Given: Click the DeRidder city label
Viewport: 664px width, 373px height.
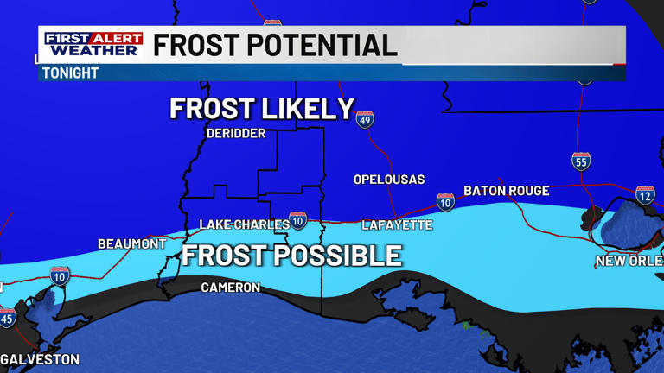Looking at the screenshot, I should coord(235,133).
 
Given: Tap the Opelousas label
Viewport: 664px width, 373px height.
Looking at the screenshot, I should coord(389,180).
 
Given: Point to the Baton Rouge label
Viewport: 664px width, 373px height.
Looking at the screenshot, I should coord(506,191).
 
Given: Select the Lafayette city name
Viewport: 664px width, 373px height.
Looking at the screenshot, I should coord(397,224).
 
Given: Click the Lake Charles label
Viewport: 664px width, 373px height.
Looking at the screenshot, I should coord(244,224).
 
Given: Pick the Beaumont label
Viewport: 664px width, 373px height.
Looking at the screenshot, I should coord(131,244).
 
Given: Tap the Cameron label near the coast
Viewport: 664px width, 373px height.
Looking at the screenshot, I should coord(230,287).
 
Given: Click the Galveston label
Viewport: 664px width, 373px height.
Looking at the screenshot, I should coord(40,359).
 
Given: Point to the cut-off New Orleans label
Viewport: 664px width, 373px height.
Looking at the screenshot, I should coord(629,261).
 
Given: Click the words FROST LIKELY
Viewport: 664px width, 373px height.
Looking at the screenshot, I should coord(262,109).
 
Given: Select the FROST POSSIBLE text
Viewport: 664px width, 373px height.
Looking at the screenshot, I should coord(291,256).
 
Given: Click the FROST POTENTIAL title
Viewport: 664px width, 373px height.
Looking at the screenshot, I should coord(275,45).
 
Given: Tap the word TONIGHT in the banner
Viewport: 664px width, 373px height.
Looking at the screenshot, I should coord(71,73).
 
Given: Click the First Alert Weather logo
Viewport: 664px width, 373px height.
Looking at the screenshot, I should coord(93,45).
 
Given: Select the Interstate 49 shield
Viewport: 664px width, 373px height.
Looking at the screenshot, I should coord(365,119).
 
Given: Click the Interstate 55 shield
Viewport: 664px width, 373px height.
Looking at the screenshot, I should coord(581,161).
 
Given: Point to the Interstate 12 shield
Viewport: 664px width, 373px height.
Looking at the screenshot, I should coord(645,195).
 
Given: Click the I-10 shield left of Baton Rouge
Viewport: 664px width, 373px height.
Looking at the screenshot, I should coord(445,202).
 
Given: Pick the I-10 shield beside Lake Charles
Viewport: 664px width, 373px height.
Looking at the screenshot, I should coord(297,220).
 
